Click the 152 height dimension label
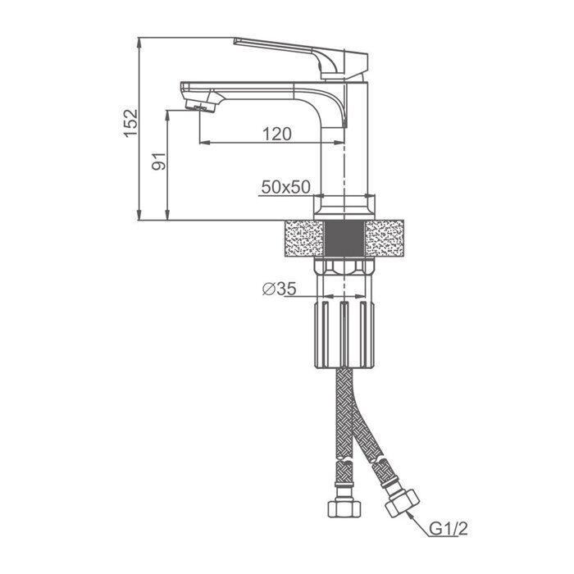131,123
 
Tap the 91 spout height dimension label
159,162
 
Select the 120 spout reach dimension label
277,134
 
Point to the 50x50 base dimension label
286,187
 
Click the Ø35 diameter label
280,289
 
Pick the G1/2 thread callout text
449,529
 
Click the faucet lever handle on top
301,58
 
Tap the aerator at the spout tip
201,106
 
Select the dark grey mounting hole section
344,239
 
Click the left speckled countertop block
304,239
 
